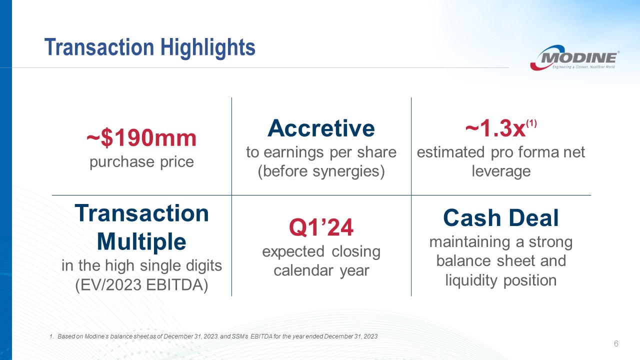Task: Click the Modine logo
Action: (574, 57)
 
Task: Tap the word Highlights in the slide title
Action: (207, 48)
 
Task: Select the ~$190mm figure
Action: (141, 138)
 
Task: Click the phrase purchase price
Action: (141, 162)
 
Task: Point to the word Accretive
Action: (321, 128)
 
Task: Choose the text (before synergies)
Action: (321, 171)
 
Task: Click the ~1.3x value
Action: (495, 128)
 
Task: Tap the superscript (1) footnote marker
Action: (531, 123)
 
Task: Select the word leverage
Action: (501, 171)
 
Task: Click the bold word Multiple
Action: (141, 241)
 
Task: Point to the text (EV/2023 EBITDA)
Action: (141, 285)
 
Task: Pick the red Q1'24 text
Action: (321, 227)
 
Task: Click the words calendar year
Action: (321, 270)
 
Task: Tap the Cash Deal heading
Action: (501, 218)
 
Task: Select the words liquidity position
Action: (501, 280)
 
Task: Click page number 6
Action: (616, 343)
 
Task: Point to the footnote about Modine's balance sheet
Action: (213, 336)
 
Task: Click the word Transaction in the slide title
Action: (99, 47)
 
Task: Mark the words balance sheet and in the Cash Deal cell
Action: (501, 260)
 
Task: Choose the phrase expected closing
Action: (321, 251)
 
